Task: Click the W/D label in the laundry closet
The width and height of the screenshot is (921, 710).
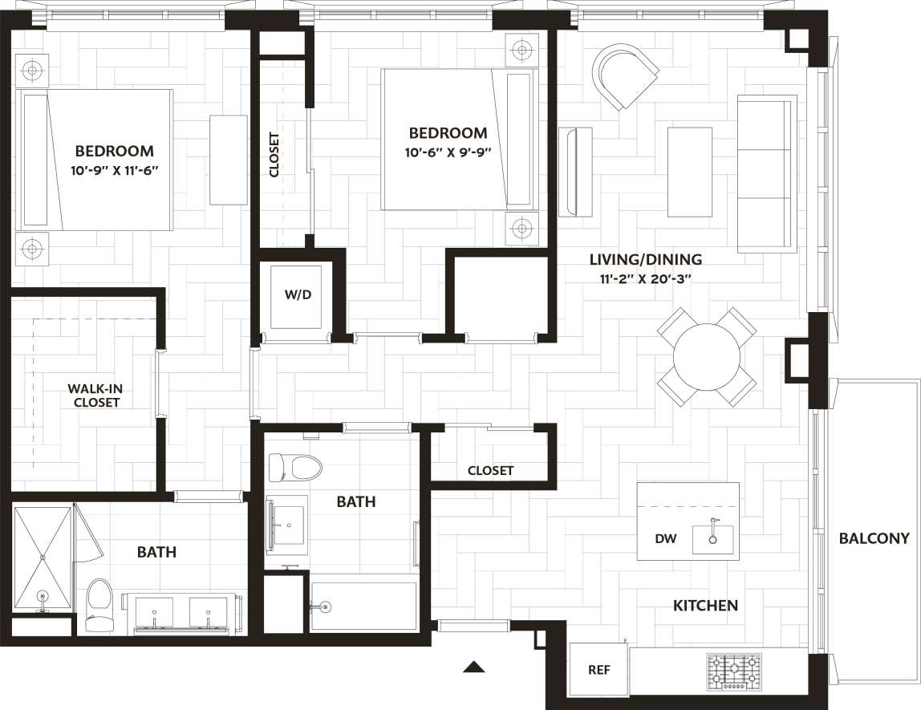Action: pyautogui.click(x=298, y=294)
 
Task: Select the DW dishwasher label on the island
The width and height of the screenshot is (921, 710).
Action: pyautogui.click(x=665, y=539)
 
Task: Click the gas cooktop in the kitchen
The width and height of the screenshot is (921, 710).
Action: pyautogui.click(x=733, y=671)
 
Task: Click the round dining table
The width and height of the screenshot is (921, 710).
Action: pyautogui.click(x=707, y=356)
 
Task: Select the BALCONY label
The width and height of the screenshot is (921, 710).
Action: pyautogui.click(x=874, y=538)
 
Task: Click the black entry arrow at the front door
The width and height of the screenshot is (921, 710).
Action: pyautogui.click(x=475, y=666)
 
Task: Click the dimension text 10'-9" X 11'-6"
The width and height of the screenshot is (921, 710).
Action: pyautogui.click(x=114, y=170)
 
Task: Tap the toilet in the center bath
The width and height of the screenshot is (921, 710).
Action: pyautogui.click(x=294, y=466)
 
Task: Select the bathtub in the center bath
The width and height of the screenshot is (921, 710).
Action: pyautogui.click(x=363, y=607)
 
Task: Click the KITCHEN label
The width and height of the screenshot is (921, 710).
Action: pyautogui.click(x=705, y=606)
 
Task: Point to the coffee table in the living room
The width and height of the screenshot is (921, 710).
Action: pyautogui.click(x=689, y=172)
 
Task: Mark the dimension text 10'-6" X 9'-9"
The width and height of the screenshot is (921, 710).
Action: pyautogui.click(x=448, y=152)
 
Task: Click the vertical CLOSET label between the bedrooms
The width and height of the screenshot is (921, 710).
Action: pyautogui.click(x=274, y=154)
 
